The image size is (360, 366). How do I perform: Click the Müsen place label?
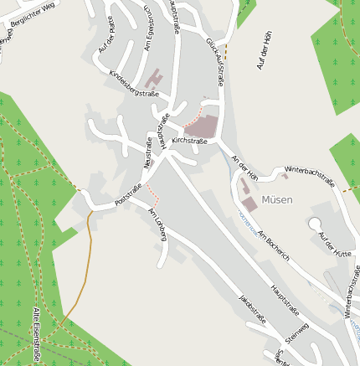coord(276,199)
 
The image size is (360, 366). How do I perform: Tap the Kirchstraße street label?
coord(189,142)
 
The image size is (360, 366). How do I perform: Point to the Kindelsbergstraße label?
coord(134,84)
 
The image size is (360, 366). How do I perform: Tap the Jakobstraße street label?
coord(252,309)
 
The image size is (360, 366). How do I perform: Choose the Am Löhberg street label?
coord(157,224)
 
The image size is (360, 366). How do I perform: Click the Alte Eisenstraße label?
coord(36,335)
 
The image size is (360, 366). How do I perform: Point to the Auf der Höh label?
coord(265,50)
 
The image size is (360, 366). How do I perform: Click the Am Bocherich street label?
coord(273,244)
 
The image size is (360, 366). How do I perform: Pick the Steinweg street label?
coord(297,332)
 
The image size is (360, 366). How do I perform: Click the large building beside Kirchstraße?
coord(201,126)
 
